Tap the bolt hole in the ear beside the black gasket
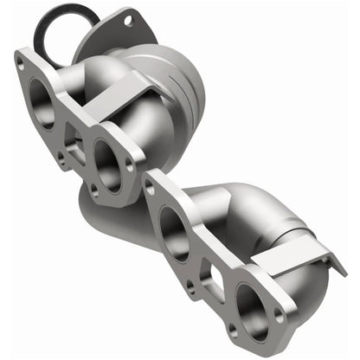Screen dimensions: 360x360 (x=128, y=18)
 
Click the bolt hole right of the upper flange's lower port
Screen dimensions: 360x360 (x=130, y=161)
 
